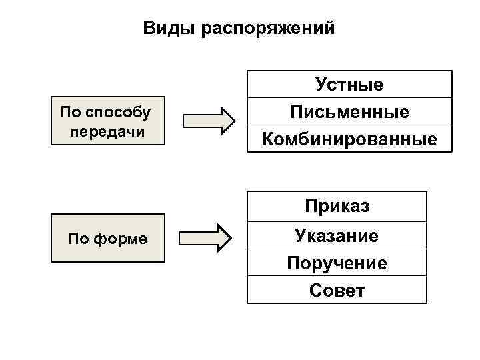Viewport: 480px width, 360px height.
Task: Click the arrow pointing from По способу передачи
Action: coord(209,121)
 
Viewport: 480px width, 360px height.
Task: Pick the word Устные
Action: coord(349,85)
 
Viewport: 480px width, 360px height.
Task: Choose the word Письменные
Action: coord(349,111)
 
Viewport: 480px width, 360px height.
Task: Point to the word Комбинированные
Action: coord(349,139)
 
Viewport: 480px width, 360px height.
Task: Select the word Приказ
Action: coord(337,206)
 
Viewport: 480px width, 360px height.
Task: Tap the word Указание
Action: coord(337,235)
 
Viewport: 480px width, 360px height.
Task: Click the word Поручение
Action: coord(337,263)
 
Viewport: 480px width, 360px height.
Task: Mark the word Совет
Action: coord(337,291)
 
